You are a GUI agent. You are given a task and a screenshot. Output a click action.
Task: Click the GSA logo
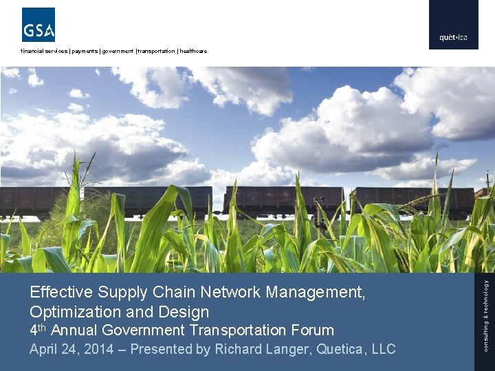38,25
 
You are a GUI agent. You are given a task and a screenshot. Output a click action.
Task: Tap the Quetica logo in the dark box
453,37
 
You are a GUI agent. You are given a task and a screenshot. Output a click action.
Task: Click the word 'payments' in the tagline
85,52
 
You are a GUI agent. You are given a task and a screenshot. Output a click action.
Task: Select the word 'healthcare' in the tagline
193,52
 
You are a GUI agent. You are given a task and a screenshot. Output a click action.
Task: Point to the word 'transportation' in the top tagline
156,52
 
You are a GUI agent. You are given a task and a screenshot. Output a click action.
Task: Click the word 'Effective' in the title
58,292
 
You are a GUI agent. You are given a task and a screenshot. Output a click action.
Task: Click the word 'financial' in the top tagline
34,52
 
